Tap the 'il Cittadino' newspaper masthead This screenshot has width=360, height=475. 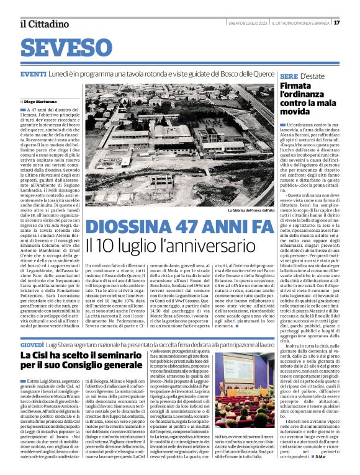[x=40, y=24]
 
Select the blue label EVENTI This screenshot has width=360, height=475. [x=33, y=74]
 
